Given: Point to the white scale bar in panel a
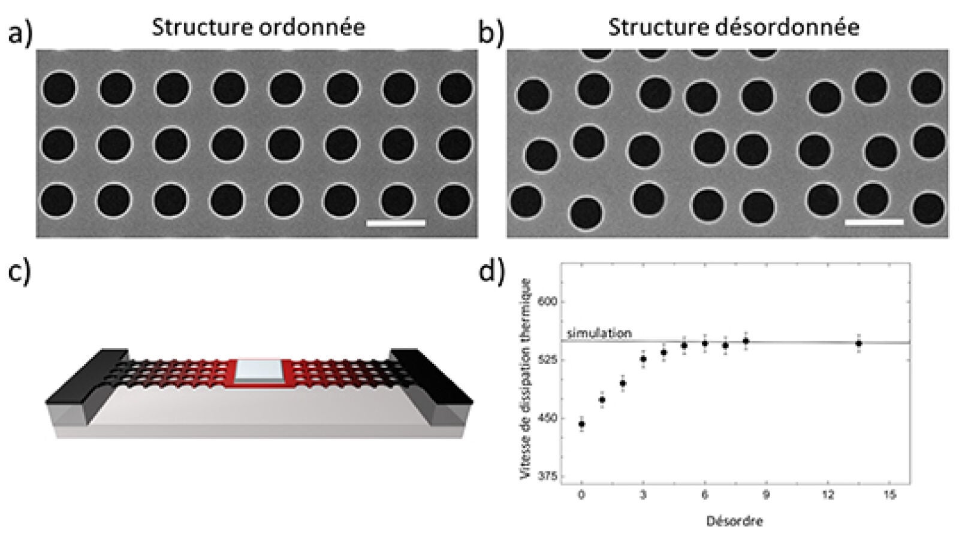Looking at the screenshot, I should tap(396, 223).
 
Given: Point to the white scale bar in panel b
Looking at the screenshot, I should tap(874, 222).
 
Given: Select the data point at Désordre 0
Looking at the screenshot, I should tap(581, 424).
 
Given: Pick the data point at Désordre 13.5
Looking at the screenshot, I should tap(858, 344).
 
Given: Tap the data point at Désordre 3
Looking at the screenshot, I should tap(643, 359).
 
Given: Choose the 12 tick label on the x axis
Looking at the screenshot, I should tap(828, 495).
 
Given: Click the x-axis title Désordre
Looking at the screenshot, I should tap(734, 521).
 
